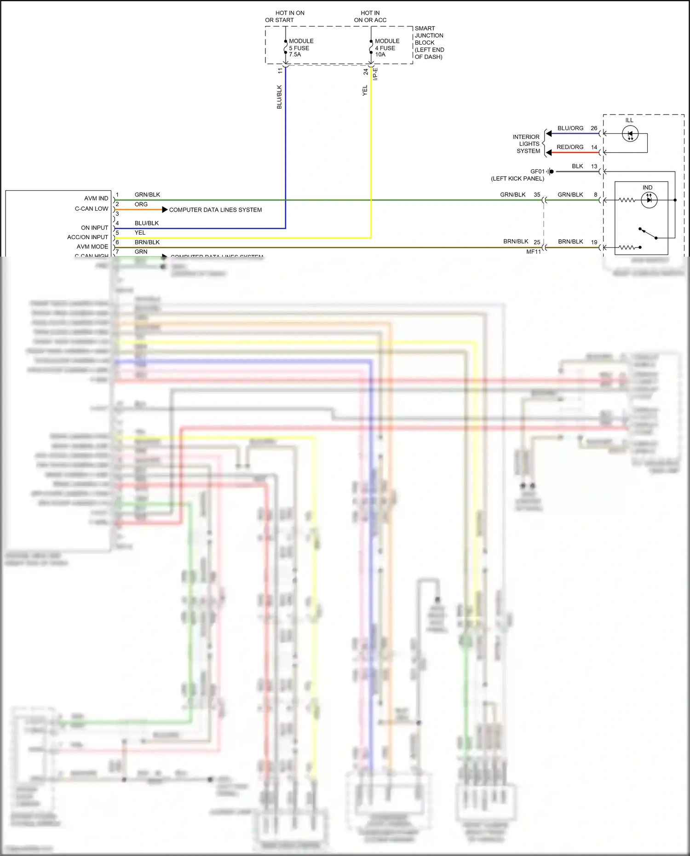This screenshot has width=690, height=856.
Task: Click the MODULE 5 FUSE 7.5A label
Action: [301, 48]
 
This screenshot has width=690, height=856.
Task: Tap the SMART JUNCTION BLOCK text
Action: [429, 42]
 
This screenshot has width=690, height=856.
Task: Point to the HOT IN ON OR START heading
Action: [285, 17]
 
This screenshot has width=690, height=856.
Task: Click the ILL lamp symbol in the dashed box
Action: [630, 134]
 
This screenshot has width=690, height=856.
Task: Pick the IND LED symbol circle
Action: [649, 200]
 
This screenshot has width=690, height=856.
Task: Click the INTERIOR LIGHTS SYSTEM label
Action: [527, 144]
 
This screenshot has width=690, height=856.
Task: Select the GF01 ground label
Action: [537, 172]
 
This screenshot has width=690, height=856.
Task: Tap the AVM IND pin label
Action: [96, 198]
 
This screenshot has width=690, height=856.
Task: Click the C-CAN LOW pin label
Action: [92, 209]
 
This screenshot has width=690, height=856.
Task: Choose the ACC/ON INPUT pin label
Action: [87, 237]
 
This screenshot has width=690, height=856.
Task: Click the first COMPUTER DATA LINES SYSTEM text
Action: [215, 210]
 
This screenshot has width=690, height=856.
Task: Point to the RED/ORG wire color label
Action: [570, 147]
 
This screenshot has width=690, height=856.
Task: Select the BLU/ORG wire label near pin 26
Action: [570, 128]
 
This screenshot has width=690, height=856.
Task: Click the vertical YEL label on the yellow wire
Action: [365, 90]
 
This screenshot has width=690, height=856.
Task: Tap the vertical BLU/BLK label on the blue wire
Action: [279, 97]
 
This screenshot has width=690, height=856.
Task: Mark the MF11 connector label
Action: [534, 252]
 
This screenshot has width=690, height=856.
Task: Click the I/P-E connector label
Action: [375, 74]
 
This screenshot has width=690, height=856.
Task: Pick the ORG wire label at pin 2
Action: [141, 204]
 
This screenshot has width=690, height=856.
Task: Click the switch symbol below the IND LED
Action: [648, 233]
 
